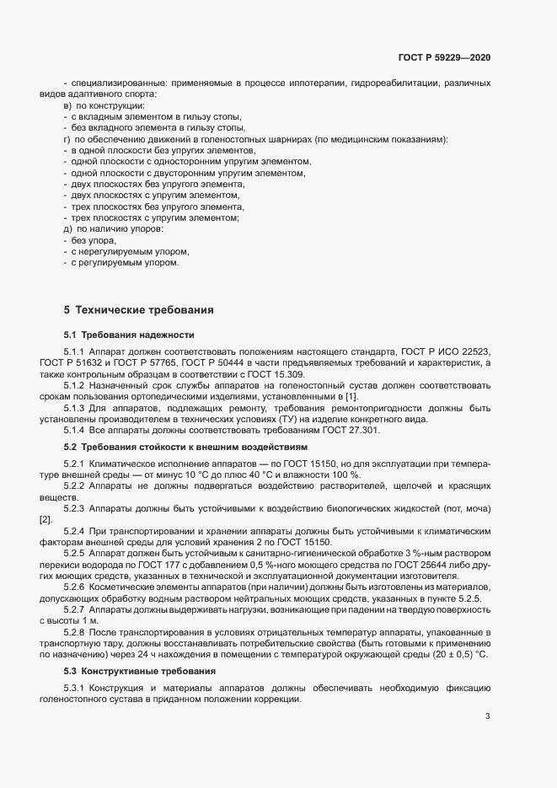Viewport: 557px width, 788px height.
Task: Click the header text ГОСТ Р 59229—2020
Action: click(443, 57)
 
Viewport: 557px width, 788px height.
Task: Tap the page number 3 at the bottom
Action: click(487, 716)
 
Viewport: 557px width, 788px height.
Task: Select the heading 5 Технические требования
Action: click(138, 309)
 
